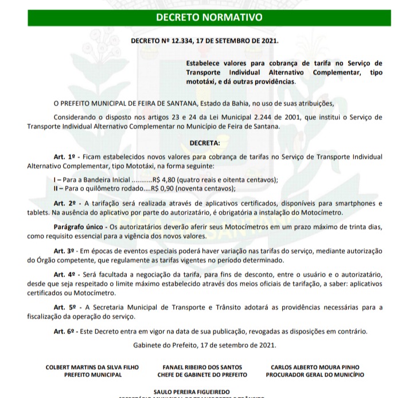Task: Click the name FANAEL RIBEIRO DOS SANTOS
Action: pyautogui.click(x=202, y=367)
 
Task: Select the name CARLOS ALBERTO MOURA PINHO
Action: pyautogui.click(x=315, y=367)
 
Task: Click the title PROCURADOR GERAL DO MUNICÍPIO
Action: pyautogui.click(x=315, y=374)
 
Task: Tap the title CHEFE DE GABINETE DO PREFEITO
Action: pyautogui.click(x=202, y=374)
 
